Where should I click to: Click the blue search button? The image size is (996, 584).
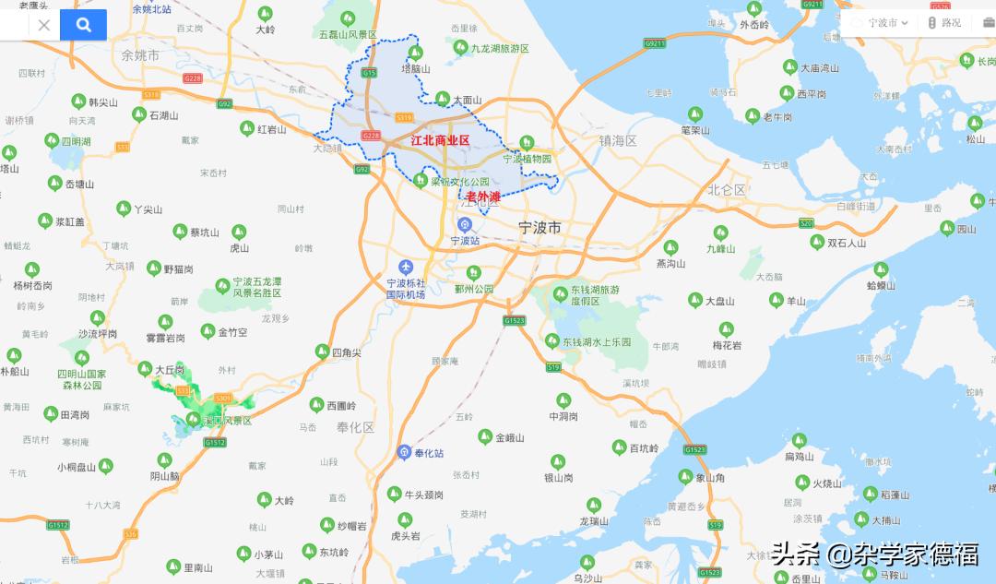coord(83,25)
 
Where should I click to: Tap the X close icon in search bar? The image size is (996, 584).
coord(43,25)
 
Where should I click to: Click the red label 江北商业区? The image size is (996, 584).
coord(440,140)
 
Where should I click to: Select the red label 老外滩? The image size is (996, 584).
coord(482,197)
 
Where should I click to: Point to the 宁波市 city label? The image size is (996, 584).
coord(539,227)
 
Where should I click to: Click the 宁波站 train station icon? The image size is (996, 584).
coord(465,224)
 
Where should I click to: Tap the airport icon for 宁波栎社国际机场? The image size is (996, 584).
coord(406,267)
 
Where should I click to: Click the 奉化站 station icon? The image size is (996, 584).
coord(404,452)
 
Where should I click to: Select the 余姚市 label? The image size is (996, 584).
coord(140,55)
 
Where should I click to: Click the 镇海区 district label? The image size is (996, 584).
coord(618,141)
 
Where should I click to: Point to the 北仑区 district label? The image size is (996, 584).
coord(726,190)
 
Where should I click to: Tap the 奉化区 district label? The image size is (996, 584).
coord(355,427)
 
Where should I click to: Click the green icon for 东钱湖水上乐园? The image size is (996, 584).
coord(552,340)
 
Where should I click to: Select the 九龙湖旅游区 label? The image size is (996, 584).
coord(499,48)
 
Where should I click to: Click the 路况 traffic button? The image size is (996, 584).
coord(944,23)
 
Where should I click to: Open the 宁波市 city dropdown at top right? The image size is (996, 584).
coord(882,23)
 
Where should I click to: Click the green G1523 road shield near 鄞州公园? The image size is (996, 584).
coord(514,320)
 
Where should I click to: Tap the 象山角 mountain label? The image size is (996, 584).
coord(709,478)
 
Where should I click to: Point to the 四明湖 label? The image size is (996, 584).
coord(76,141)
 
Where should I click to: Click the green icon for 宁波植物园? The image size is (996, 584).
coord(527,142)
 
